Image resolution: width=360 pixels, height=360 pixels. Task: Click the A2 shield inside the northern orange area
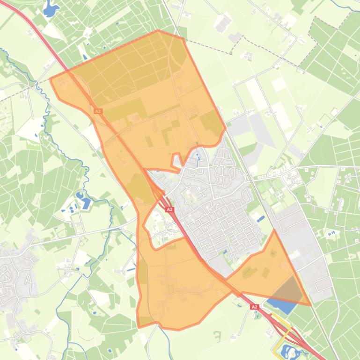click(98, 111)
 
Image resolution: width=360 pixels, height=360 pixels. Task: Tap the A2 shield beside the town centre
click(169, 210)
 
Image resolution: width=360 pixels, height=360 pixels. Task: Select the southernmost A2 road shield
click(254, 307)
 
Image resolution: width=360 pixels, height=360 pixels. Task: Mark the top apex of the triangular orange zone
click(274, 230)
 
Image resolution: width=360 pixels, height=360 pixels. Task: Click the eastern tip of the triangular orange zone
click(310, 305)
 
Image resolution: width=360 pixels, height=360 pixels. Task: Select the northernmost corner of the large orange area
click(158, 31)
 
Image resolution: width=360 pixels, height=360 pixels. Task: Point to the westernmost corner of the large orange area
click(51, 79)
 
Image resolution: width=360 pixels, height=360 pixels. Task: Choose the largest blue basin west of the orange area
click(86, 203)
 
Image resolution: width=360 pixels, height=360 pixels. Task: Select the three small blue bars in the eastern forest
click(331, 233)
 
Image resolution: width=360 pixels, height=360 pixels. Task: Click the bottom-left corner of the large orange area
click(139, 326)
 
